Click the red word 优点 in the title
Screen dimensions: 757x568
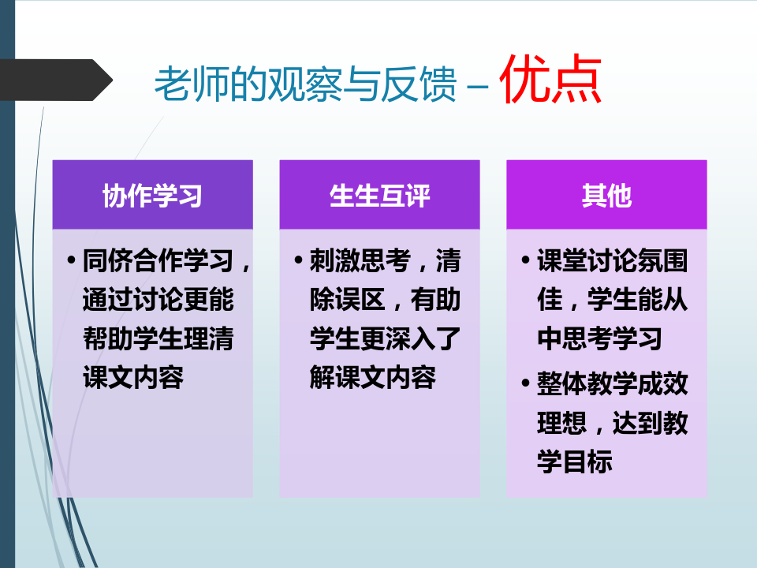[x=550, y=79]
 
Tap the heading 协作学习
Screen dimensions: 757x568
[x=152, y=196]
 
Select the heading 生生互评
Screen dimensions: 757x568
[x=379, y=196]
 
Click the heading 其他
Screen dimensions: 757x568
[x=606, y=196]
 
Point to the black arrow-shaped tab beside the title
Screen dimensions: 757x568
[x=56, y=80]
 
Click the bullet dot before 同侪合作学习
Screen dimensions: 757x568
[x=72, y=261]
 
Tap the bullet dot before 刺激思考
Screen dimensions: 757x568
[x=298, y=261]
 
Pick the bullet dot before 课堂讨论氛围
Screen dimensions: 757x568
[x=526, y=261]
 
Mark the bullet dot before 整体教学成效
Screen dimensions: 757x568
[x=526, y=383]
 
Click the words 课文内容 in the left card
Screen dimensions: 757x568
[x=133, y=377]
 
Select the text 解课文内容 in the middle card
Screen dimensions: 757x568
[x=373, y=377]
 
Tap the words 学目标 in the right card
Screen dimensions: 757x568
[x=575, y=461]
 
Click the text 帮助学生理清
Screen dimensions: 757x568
[x=158, y=338]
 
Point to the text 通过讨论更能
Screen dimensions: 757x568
[x=158, y=300]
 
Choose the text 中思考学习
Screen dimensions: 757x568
[x=599, y=338]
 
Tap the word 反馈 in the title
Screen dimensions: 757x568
[x=419, y=84]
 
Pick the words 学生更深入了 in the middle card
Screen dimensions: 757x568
[x=386, y=338]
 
